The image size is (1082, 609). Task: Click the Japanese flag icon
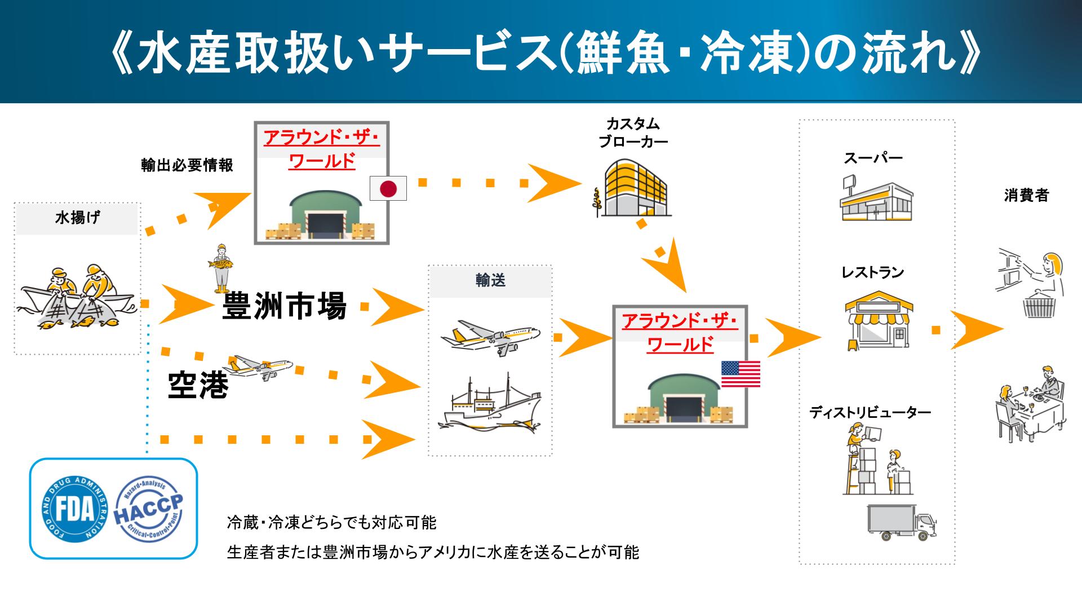point(388,188)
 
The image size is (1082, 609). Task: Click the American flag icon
point(740,374)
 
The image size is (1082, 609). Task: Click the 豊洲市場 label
point(285,306)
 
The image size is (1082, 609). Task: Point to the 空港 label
point(198,386)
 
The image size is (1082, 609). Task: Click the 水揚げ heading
point(77,218)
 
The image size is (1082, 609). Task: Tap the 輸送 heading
point(490,281)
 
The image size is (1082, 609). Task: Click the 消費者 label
point(1026,195)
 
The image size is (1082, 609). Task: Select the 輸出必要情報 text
point(187,166)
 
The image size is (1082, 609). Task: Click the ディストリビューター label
point(870,413)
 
